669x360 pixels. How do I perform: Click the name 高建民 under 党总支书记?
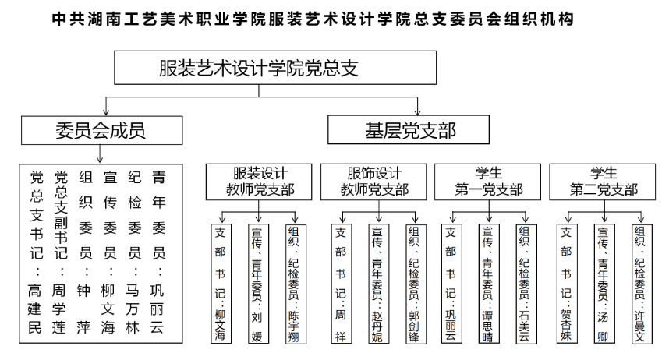(x=35, y=309)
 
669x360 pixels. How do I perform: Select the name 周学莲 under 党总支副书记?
(x=59, y=309)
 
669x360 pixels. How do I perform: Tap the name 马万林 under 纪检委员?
(x=133, y=309)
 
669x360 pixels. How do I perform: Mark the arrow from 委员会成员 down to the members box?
(x=100, y=154)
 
